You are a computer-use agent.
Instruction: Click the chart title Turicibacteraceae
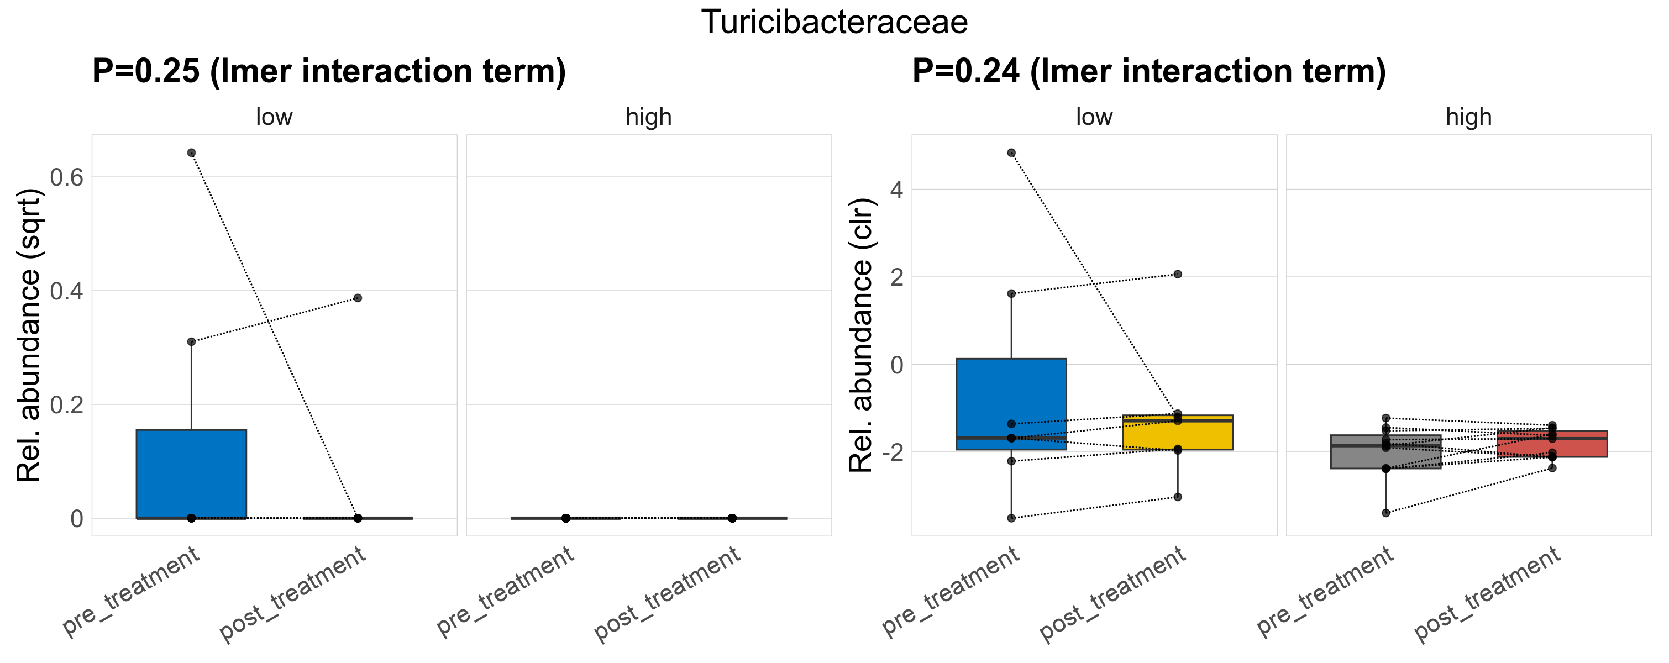tap(834, 23)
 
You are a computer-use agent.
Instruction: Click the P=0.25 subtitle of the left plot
tap(328, 71)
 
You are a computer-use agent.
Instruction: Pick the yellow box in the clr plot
tap(1177, 433)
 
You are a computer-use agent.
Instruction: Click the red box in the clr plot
tap(1552, 444)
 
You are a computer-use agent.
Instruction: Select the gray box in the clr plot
tap(1386, 452)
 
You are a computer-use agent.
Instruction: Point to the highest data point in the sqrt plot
tap(191, 153)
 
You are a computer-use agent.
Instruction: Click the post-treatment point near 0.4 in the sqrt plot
tap(358, 298)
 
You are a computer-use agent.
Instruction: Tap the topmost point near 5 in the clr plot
tap(1011, 153)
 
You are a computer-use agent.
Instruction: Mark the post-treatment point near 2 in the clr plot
tap(1178, 275)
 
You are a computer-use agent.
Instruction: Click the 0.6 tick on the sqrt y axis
tap(67, 177)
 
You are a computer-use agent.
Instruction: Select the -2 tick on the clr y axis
tap(892, 452)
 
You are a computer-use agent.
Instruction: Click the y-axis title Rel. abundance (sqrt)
tap(29, 335)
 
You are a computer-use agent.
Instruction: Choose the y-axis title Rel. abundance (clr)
tap(861, 335)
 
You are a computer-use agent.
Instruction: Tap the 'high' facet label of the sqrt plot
tap(649, 117)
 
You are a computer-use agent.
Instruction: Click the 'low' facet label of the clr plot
tap(1094, 117)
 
